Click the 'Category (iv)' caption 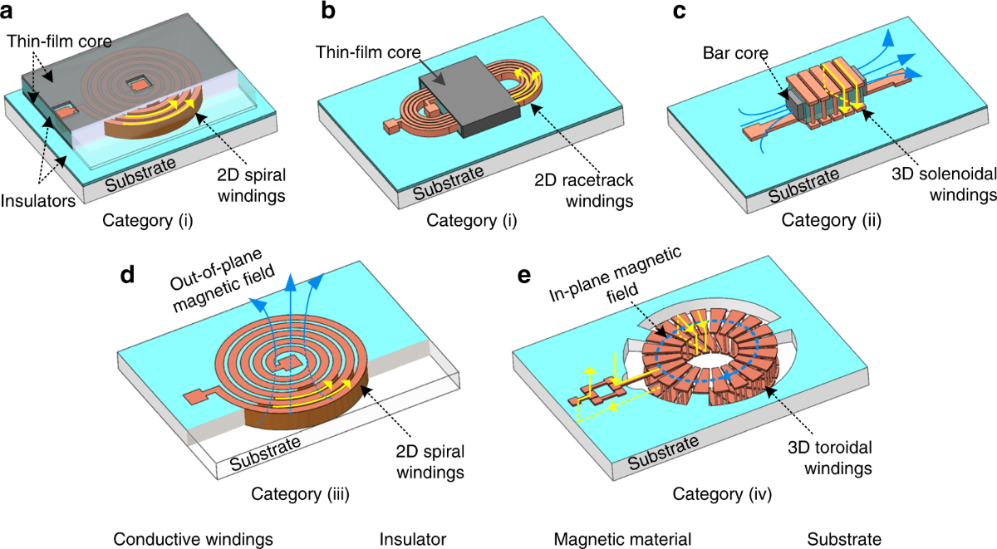point(723,496)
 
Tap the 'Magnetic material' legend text point(623,539)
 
